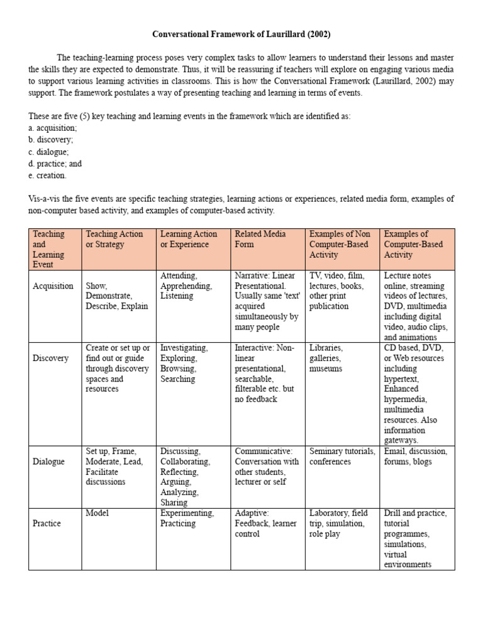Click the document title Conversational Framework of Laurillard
[241, 34]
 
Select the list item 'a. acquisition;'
[53, 128]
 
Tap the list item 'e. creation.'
[47, 175]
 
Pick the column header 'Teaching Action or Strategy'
[114, 239]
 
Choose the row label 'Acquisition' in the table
[53, 286]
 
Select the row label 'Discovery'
[50, 358]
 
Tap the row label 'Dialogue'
[49, 461]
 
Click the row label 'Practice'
[48, 523]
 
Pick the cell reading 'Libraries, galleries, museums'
[326, 358]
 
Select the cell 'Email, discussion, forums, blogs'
[416, 457]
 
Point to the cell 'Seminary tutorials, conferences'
[342, 457]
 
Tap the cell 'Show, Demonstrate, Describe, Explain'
[117, 296]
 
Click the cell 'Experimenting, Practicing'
[187, 518]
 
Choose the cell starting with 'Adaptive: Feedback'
[265, 523]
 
